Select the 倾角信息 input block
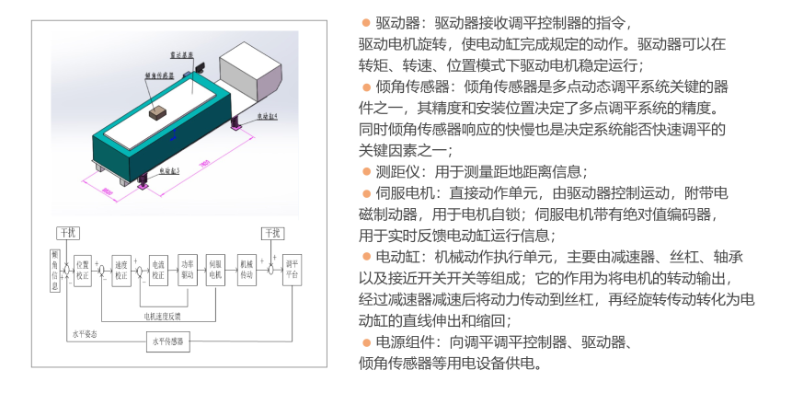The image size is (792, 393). (x=55, y=269)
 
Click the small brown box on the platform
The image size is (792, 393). (x=156, y=110)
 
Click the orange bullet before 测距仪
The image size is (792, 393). (x=365, y=171)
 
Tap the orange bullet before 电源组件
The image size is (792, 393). (x=365, y=342)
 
